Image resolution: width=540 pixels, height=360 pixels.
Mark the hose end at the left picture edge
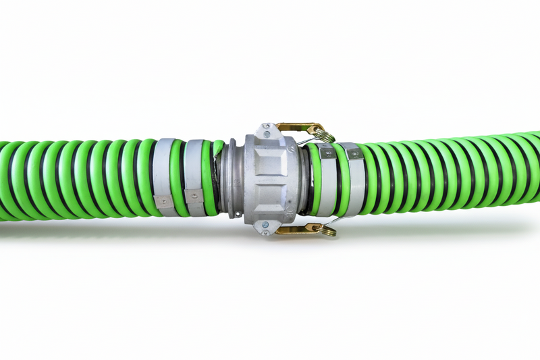[5, 181]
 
